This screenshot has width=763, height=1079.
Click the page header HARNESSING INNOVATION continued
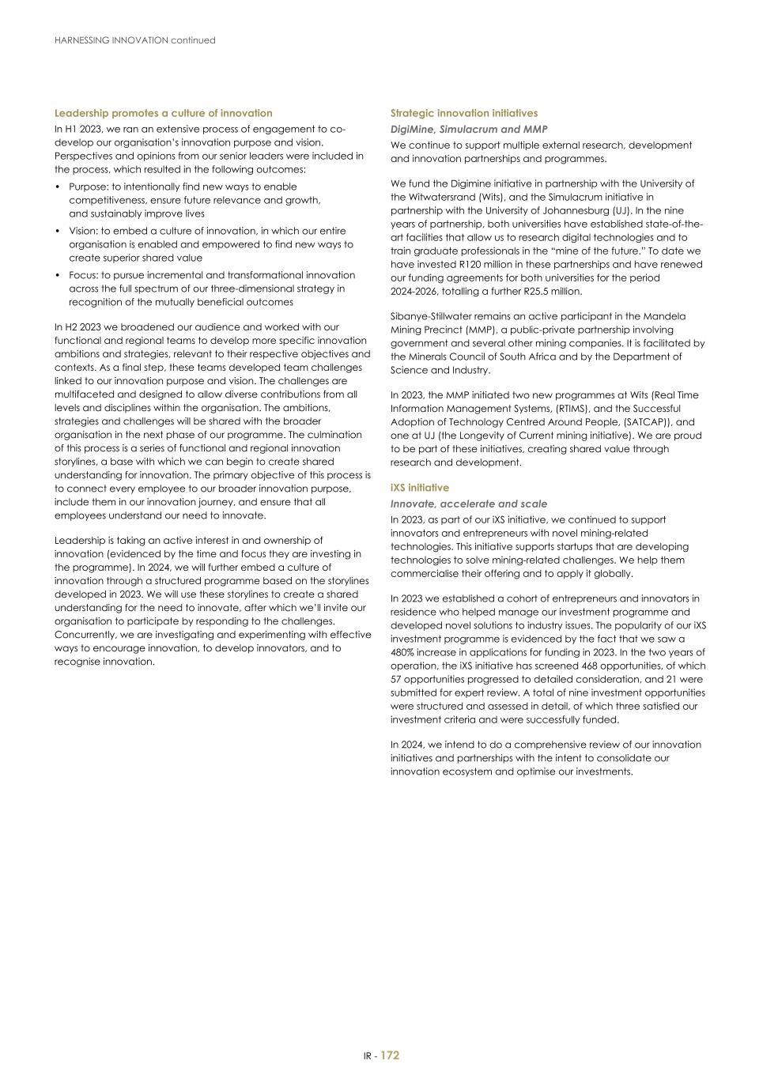click(x=134, y=40)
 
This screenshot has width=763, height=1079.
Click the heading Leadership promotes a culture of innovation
click(x=163, y=113)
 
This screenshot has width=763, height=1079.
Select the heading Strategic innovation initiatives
click(x=463, y=113)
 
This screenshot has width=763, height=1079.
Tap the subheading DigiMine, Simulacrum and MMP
click(x=469, y=129)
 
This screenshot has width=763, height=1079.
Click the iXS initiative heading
click(x=419, y=488)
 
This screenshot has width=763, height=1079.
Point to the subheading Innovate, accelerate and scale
click(x=468, y=504)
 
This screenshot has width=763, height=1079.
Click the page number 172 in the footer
click(x=390, y=1055)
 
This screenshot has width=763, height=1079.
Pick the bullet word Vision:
click(x=84, y=231)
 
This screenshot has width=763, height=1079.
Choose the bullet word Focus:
click(x=83, y=275)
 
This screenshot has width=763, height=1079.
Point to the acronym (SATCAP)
click(x=630, y=422)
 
